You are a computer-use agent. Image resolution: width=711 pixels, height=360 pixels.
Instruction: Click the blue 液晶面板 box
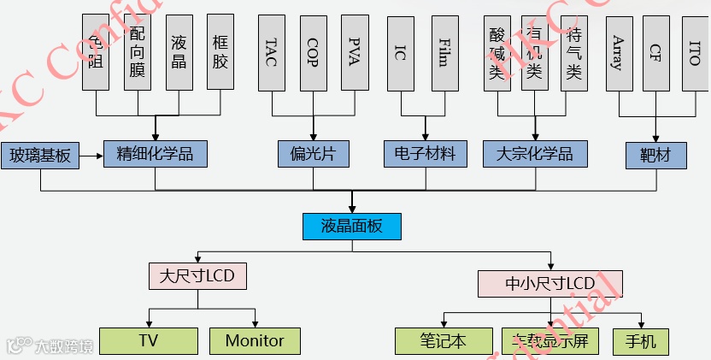click(351, 227)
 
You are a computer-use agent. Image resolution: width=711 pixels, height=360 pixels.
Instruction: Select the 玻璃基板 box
click(39, 156)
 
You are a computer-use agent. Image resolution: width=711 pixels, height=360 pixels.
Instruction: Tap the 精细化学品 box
click(155, 154)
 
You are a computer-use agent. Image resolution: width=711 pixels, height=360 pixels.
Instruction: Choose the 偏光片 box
click(313, 154)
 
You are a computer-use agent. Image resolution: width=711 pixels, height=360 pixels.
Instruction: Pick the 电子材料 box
click(426, 154)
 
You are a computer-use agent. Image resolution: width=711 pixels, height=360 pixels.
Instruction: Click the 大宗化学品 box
click(535, 154)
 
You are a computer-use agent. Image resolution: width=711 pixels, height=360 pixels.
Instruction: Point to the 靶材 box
click(656, 155)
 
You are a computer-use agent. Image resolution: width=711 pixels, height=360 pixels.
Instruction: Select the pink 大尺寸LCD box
click(197, 275)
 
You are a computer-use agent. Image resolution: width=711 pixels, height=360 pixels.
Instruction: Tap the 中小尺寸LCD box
click(550, 283)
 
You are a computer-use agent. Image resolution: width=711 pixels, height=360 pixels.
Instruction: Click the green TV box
click(149, 340)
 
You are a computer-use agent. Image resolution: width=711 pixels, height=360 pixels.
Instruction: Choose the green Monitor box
click(255, 340)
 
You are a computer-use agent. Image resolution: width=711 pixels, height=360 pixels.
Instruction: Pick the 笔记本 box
click(444, 341)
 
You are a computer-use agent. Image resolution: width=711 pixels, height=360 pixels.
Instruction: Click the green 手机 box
click(642, 341)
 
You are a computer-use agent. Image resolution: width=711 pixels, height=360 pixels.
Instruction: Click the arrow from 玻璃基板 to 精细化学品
click(91, 156)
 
